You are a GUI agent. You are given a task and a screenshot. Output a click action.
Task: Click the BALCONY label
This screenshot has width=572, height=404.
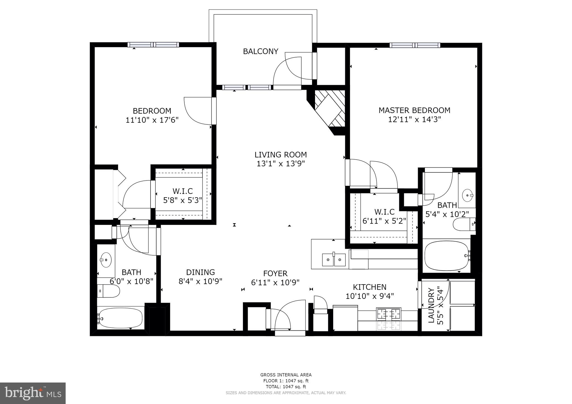(x=261, y=51)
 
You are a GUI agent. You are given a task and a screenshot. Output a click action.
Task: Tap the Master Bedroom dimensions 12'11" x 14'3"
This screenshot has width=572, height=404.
(x=414, y=119)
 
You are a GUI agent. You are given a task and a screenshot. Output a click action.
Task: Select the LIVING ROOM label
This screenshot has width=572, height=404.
(x=281, y=155)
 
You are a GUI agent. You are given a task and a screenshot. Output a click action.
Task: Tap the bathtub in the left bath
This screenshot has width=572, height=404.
(x=120, y=318)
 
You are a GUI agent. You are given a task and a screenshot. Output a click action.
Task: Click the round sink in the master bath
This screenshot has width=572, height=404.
(x=467, y=195)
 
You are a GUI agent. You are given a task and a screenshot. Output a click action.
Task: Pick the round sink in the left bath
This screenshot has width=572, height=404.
(x=106, y=260)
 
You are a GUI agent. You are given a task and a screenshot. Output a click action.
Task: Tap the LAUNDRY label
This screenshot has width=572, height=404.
(x=432, y=306)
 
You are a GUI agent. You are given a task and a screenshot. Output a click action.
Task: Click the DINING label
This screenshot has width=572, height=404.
(x=201, y=272)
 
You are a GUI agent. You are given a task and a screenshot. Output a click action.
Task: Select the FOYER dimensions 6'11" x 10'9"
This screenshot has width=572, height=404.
(x=275, y=283)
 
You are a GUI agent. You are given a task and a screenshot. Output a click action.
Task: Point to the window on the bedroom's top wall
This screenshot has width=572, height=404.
(x=153, y=45)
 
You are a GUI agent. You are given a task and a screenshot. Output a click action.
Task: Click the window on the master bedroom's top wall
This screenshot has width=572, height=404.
(x=415, y=45)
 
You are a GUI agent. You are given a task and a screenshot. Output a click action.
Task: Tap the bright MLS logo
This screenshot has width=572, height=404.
(x=33, y=393)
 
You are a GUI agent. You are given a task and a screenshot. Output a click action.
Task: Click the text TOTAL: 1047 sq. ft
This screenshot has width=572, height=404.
(x=286, y=387)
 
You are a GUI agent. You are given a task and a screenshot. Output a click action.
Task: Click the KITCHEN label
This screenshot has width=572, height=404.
(x=370, y=287)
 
